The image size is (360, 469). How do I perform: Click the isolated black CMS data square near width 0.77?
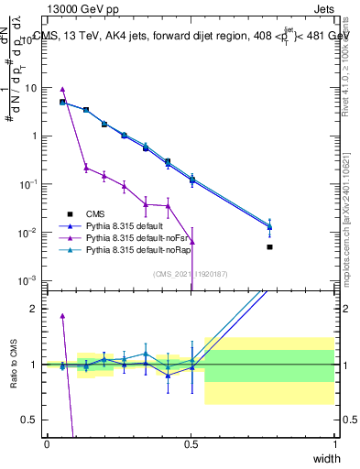[x=269, y=247]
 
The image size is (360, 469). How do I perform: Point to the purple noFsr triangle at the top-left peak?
[x=62, y=90]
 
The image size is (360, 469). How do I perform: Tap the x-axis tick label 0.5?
[x=191, y=443]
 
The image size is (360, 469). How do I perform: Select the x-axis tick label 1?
[x=334, y=443]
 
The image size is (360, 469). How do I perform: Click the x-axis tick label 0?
[x=48, y=443]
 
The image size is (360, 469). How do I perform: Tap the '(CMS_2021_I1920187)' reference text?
[x=191, y=272]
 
